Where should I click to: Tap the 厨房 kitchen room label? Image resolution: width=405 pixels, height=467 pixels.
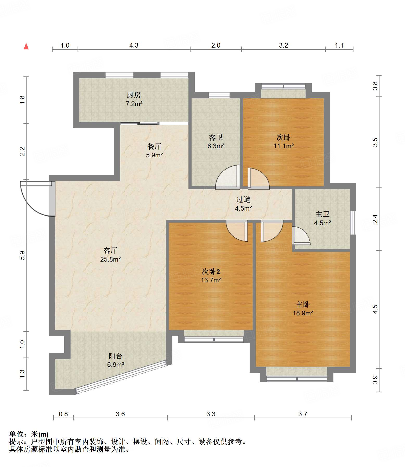(x=134, y=95)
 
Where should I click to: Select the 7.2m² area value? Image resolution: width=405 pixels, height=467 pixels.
(x=134, y=104)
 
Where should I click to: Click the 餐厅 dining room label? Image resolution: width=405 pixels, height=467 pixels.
(x=154, y=146)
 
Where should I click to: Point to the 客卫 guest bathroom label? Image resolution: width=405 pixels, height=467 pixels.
(x=216, y=137)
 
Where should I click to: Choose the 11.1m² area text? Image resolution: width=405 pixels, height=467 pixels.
(x=283, y=146)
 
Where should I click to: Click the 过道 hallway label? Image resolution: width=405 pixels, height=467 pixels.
(x=243, y=199)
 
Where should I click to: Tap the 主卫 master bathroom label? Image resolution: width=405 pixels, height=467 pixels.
(x=322, y=214)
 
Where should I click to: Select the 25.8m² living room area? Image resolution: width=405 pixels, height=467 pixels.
(x=110, y=259)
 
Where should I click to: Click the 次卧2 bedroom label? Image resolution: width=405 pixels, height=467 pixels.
(x=211, y=272)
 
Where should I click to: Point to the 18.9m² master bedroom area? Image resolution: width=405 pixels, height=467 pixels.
(x=303, y=313)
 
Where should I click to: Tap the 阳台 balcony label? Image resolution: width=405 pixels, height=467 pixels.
(x=116, y=356)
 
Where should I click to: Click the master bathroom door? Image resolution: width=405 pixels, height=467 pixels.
(x=301, y=236)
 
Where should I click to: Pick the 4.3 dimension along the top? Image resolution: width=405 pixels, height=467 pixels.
(x=134, y=46)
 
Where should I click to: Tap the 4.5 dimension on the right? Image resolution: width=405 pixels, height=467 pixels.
(x=375, y=309)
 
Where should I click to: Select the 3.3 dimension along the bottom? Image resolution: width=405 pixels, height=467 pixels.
(x=211, y=414)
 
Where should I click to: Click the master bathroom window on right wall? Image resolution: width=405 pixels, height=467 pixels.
(x=353, y=223)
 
